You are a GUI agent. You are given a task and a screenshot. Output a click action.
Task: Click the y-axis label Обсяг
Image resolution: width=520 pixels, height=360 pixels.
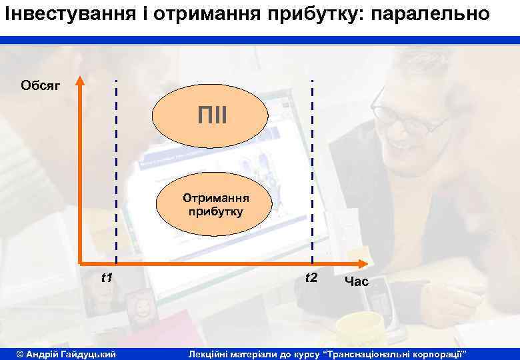41,85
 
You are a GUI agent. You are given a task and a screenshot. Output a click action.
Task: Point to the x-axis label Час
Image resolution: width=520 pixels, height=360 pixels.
356,282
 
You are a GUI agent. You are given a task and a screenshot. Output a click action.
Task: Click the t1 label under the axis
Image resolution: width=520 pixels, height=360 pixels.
106,277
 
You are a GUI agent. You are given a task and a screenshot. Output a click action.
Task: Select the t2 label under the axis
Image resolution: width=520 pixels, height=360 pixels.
311,277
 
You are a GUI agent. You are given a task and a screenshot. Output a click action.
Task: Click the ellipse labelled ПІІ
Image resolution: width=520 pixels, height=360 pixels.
211,116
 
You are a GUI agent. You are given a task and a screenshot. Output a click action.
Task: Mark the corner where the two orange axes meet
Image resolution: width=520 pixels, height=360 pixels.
80,262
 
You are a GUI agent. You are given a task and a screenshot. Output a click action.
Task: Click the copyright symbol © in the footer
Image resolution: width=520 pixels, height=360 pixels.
20,352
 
